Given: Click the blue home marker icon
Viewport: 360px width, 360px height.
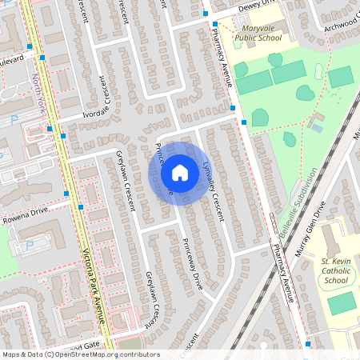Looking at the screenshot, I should pyautogui.click(x=180, y=172).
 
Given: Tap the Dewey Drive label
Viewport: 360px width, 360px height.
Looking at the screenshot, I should pyautogui.click(x=258, y=5).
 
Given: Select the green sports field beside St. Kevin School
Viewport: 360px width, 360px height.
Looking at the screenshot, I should pyautogui.click(x=342, y=303).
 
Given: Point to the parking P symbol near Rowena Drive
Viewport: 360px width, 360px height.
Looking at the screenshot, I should pyautogui.click(x=30, y=246).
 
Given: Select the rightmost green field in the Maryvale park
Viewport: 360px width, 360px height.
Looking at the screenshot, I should pyautogui.click(x=341, y=78).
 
